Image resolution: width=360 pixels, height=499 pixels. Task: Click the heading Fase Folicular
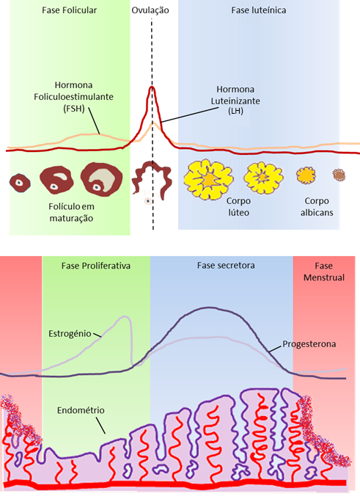click(69, 10)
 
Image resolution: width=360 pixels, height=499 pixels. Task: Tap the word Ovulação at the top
click(150, 10)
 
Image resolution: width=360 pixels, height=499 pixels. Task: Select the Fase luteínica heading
click(258, 10)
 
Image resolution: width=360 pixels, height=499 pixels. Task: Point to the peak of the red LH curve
click(152, 87)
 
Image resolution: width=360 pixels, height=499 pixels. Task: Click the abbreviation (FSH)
click(74, 109)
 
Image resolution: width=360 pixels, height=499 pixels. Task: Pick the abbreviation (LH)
click(235, 111)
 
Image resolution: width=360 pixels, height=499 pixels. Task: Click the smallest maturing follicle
click(20, 182)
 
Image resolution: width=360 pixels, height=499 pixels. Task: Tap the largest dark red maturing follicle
click(101, 179)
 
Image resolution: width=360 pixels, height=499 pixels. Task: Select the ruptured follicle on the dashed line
click(151, 181)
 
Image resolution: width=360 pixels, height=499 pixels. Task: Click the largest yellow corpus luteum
click(208, 180)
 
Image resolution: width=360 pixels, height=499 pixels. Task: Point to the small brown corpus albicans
click(339, 175)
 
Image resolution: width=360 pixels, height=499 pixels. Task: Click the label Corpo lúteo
click(238, 206)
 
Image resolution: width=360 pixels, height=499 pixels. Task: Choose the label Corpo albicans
click(317, 206)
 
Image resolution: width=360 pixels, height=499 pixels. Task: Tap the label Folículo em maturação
click(71, 212)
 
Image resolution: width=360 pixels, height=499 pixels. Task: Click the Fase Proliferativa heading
click(96, 266)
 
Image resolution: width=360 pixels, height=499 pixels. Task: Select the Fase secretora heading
click(226, 266)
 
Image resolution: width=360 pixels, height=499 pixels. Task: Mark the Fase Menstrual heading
click(324, 272)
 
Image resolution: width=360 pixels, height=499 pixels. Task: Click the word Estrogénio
click(70, 334)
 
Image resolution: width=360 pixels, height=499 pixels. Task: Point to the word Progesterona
click(309, 344)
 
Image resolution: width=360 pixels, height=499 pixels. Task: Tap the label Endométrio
click(81, 410)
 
